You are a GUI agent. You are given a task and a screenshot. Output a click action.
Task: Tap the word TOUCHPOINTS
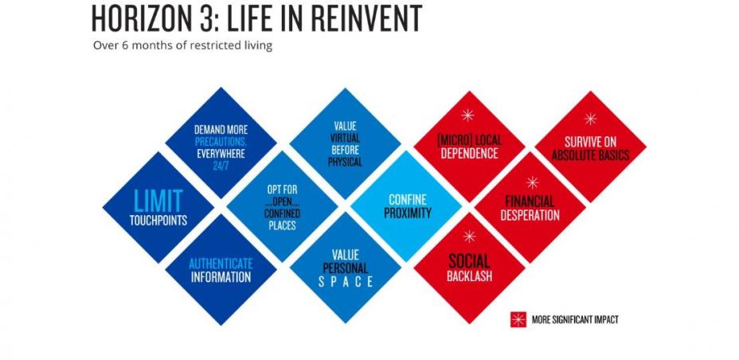click(158, 220)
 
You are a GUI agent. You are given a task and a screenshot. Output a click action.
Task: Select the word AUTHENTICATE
click(221, 263)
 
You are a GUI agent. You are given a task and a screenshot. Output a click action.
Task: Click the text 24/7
click(221, 166)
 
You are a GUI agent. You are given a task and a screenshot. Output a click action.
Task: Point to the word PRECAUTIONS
click(221, 141)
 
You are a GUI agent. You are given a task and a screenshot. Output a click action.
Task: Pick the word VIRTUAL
click(346, 138)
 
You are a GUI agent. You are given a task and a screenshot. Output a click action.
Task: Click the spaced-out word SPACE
click(346, 282)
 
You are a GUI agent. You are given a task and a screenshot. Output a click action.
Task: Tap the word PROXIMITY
click(408, 213)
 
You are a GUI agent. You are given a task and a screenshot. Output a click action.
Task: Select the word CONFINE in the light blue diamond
click(408, 199)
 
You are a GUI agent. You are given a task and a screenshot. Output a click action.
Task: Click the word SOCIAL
click(469, 261)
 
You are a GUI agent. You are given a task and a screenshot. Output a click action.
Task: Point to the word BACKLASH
click(469, 276)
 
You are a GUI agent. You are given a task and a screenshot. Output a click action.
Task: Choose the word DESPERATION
click(530, 215)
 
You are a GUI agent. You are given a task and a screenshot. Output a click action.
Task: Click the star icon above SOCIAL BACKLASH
click(469, 237)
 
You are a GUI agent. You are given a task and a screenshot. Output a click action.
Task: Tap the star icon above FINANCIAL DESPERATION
click(532, 182)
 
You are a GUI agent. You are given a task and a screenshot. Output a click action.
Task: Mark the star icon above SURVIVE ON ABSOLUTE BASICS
click(590, 119)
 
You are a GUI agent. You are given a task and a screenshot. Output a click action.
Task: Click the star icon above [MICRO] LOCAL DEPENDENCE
click(468, 115)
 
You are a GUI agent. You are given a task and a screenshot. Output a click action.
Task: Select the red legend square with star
click(518, 319)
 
